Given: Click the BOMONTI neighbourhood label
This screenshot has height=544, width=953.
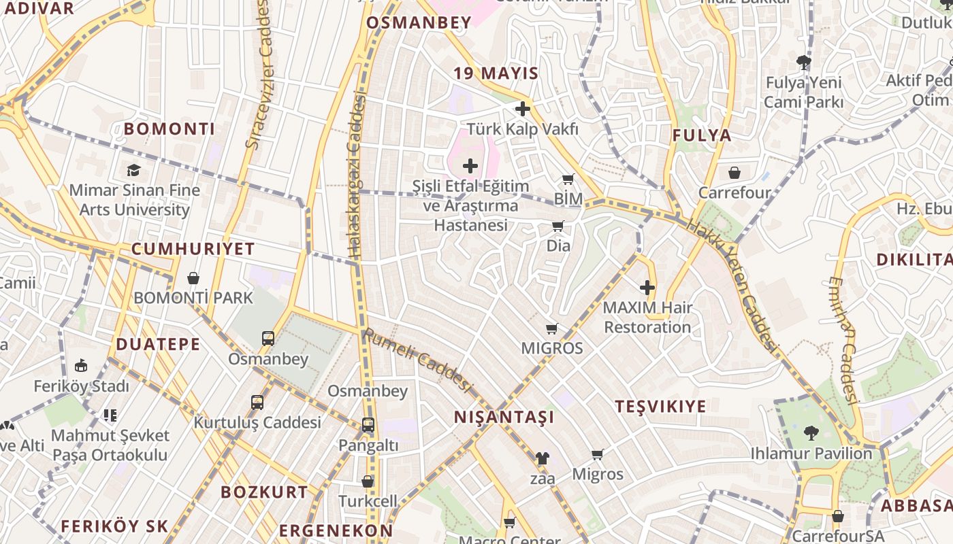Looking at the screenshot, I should pos(169,129).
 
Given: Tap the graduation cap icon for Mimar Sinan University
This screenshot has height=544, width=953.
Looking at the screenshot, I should pos(133,170).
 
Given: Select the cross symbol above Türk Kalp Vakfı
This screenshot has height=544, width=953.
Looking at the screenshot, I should pos(523,109).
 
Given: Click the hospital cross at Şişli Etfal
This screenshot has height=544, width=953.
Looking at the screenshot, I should pos(470,165).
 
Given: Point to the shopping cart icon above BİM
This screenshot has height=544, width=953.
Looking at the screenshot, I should pos(568,179).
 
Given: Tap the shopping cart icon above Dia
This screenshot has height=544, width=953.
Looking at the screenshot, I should pos(558,226).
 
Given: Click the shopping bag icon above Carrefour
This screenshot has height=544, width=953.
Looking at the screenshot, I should pos(734,173).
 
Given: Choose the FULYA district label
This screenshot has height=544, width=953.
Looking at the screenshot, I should pos(702,135).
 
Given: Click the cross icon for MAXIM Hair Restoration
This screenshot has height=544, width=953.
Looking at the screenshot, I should pos(647,288).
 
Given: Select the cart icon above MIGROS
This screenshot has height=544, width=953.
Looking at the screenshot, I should pos(552,328).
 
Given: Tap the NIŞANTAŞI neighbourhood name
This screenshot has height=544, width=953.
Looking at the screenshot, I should pos(504,417).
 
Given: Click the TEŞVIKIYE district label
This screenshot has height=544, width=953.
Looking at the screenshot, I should pos(660,407).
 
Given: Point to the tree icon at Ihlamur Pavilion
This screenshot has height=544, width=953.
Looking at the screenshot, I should pos(811,432).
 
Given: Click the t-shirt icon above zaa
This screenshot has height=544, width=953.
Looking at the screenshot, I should pos(542,458).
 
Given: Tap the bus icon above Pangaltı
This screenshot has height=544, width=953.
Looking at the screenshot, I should pos(368,425).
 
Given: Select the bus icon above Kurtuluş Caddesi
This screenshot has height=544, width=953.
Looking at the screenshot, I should pos(257,402).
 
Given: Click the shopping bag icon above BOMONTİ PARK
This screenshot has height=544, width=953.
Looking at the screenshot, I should pos(193,277).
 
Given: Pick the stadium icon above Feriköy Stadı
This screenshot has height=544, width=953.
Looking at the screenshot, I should pos(81,366).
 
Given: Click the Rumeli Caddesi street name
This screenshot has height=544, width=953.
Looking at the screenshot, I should pos(417,361).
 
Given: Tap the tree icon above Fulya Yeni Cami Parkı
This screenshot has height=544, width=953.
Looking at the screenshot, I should pos(804,63).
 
